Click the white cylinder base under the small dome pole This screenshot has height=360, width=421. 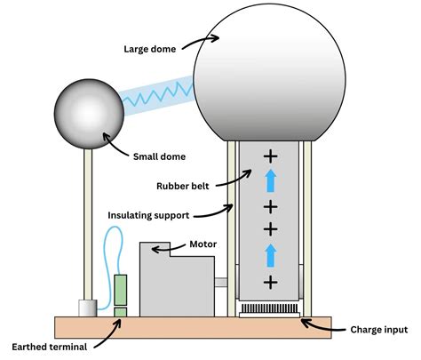pos(86,307)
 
